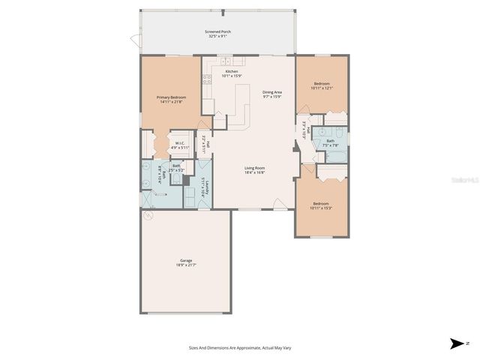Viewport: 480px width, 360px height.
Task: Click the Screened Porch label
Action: pyautogui.click(x=217, y=34)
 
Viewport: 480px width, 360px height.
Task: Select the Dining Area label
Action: pyautogui.click(x=271, y=94)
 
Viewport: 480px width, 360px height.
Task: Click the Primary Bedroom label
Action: pyautogui.click(x=171, y=100)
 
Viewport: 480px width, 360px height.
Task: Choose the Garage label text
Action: pyautogui.click(x=186, y=262)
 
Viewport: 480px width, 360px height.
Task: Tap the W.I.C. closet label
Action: pyautogui.click(x=180, y=145)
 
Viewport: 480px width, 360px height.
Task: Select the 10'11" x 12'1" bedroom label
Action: pyautogui.click(x=322, y=85)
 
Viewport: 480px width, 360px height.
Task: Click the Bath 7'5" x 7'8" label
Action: pyautogui.click(x=331, y=142)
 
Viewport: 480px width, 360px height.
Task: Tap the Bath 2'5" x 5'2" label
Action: pyautogui.click(x=176, y=167)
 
